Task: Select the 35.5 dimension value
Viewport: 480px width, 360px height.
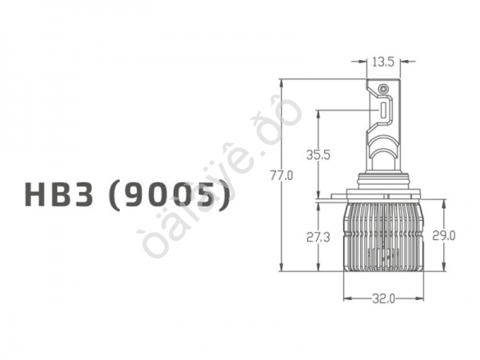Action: [x=319, y=155]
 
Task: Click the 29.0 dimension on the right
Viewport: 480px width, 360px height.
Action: [x=443, y=235]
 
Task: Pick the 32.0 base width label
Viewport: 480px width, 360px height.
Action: [x=383, y=299]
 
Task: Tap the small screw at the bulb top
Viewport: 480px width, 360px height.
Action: [x=383, y=88]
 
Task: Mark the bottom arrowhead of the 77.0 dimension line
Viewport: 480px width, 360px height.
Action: [x=282, y=270]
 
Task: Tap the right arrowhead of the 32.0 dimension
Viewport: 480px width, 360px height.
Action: [x=420, y=299]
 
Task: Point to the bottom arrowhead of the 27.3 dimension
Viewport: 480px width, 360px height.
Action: [x=319, y=270]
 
